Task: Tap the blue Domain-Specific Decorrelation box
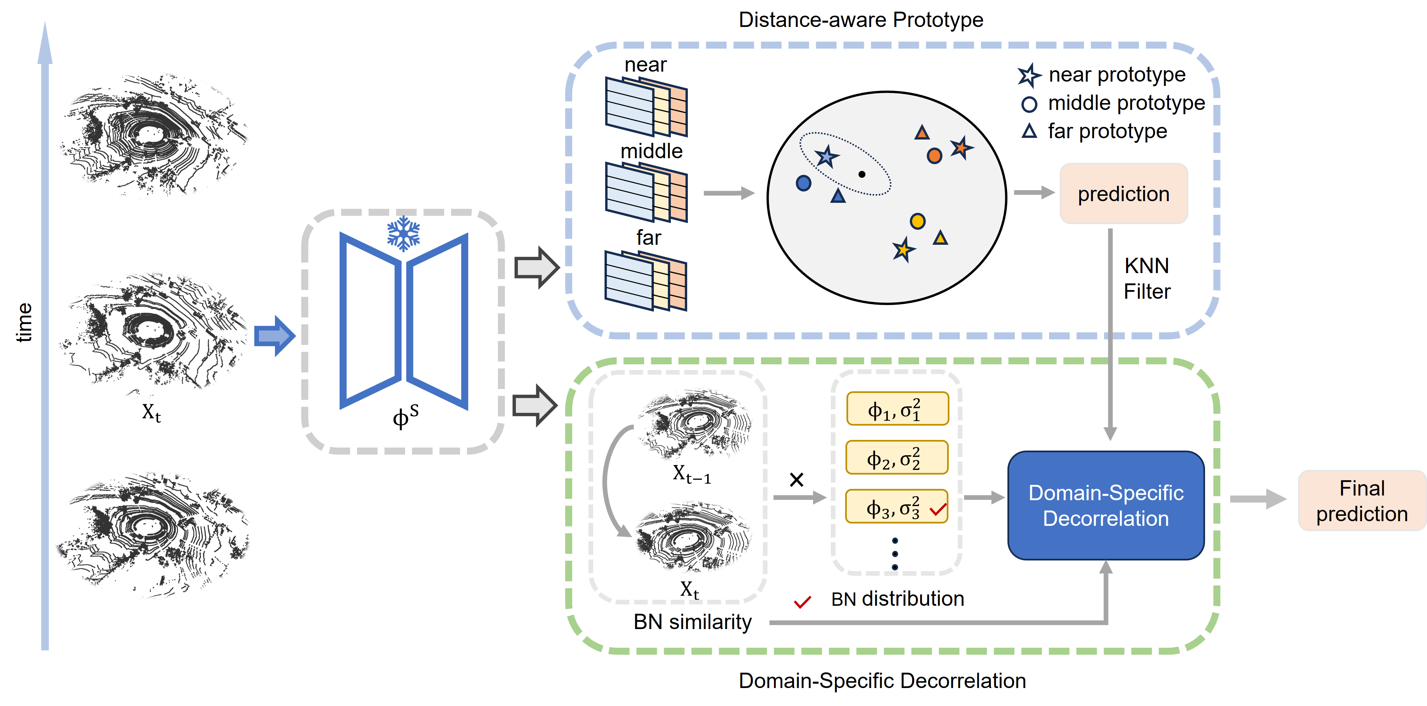[x=1106, y=505]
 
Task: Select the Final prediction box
[x=1362, y=501]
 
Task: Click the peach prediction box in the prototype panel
[x=1123, y=194]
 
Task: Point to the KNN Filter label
[x=1147, y=278]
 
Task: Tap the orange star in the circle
[x=961, y=148]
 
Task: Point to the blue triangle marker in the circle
[x=838, y=195]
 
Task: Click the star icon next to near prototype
[x=1029, y=75]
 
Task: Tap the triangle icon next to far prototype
[x=1029, y=131]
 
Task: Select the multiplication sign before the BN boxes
[x=796, y=480]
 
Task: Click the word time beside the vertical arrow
[x=24, y=322]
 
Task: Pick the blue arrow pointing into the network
[x=275, y=336]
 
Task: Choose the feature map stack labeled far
[x=646, y=280]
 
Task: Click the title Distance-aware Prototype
[x=861, y=20]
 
